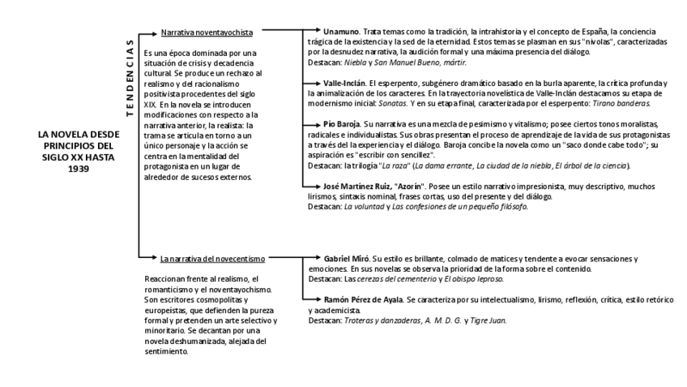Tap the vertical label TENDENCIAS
[130, 80]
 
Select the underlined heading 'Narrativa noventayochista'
[207, 32]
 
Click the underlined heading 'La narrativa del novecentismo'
[212, 259]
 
